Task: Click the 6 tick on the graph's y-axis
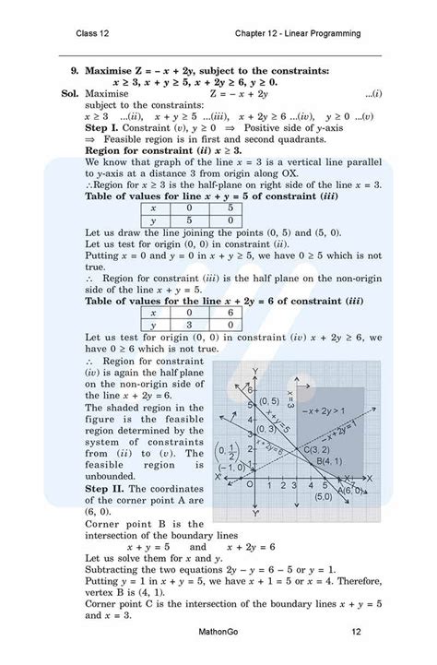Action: [247, 391]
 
